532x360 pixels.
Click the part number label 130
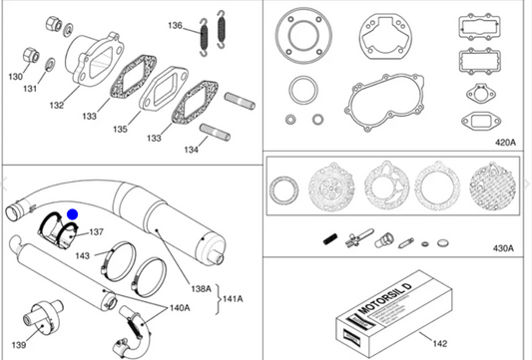15,77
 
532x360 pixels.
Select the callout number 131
30,89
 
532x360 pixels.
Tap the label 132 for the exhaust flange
57,106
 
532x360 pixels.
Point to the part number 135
120,130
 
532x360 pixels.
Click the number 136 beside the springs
175,25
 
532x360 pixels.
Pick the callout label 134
191,150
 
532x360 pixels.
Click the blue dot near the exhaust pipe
73,214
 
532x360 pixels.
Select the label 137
97,232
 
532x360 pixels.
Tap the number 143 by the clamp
83,255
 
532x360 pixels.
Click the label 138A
202,289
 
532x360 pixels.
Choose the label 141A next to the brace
233,299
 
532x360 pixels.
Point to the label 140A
180,308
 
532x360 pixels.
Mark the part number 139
19,345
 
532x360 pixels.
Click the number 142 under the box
440,344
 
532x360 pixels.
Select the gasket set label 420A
505,143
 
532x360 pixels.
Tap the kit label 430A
503,248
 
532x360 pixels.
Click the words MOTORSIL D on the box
385,298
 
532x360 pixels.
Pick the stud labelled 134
215,133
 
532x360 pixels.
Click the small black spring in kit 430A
330,239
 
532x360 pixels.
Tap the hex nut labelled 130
31,55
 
